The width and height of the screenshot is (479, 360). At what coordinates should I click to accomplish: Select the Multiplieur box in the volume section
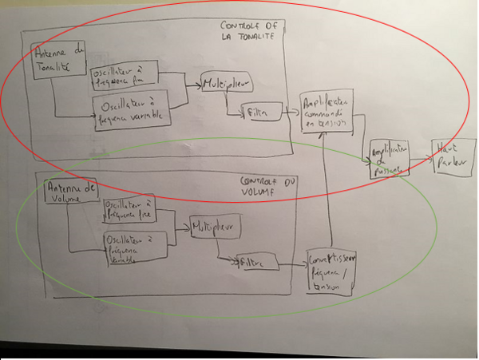tap(214, 228)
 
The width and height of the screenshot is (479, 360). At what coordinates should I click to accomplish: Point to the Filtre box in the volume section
tap(255, 262)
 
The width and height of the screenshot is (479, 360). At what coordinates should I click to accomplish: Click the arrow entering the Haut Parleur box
tap(418, 156)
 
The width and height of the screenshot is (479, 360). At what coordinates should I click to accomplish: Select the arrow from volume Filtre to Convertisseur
tap(293, 262)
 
